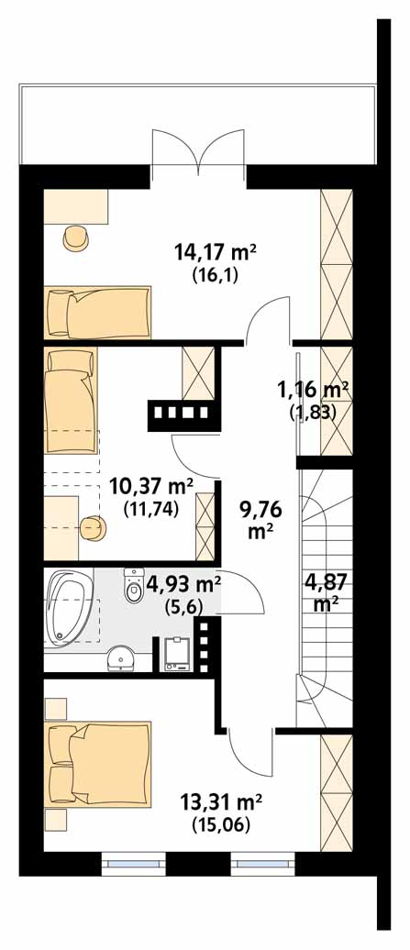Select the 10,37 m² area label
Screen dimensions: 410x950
pos(150,485)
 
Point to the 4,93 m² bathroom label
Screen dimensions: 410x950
pos(183,586)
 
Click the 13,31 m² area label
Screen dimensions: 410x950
pos(221,803)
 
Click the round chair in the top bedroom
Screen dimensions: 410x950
pos(77,238)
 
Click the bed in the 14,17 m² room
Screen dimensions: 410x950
pos(97,313)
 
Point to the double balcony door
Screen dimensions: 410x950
pos(198,148)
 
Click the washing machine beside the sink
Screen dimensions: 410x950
pos(179,655)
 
